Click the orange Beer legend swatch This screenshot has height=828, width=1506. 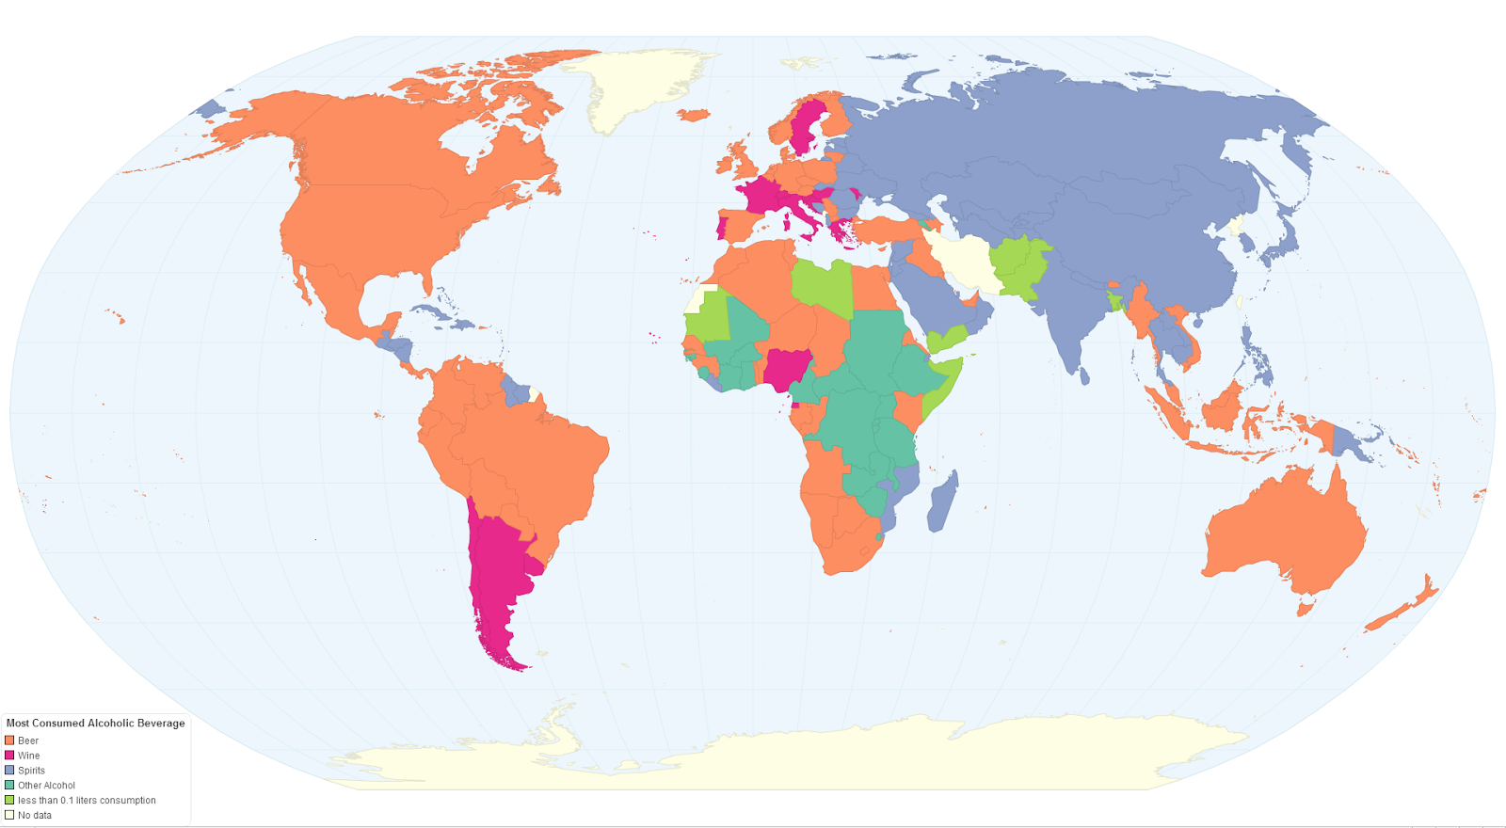click(x=9, y=740)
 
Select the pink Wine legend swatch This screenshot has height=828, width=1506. click(x=9, y=756)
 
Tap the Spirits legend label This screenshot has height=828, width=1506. click(x=31, y=771)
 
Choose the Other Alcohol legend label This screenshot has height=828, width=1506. click(x=46, y=786)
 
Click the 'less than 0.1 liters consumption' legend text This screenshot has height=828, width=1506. click(x=87, y=801)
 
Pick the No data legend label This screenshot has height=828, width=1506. click(x=35, y=816)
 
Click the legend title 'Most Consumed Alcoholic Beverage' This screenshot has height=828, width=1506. click(x=95, y=724)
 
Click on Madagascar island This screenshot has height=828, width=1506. click(x=943, y=501)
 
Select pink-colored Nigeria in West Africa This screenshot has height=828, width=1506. click(x=787, y=370)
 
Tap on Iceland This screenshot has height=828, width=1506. click(x=693, y=115)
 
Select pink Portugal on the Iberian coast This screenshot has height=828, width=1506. click(x=722, y=229)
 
